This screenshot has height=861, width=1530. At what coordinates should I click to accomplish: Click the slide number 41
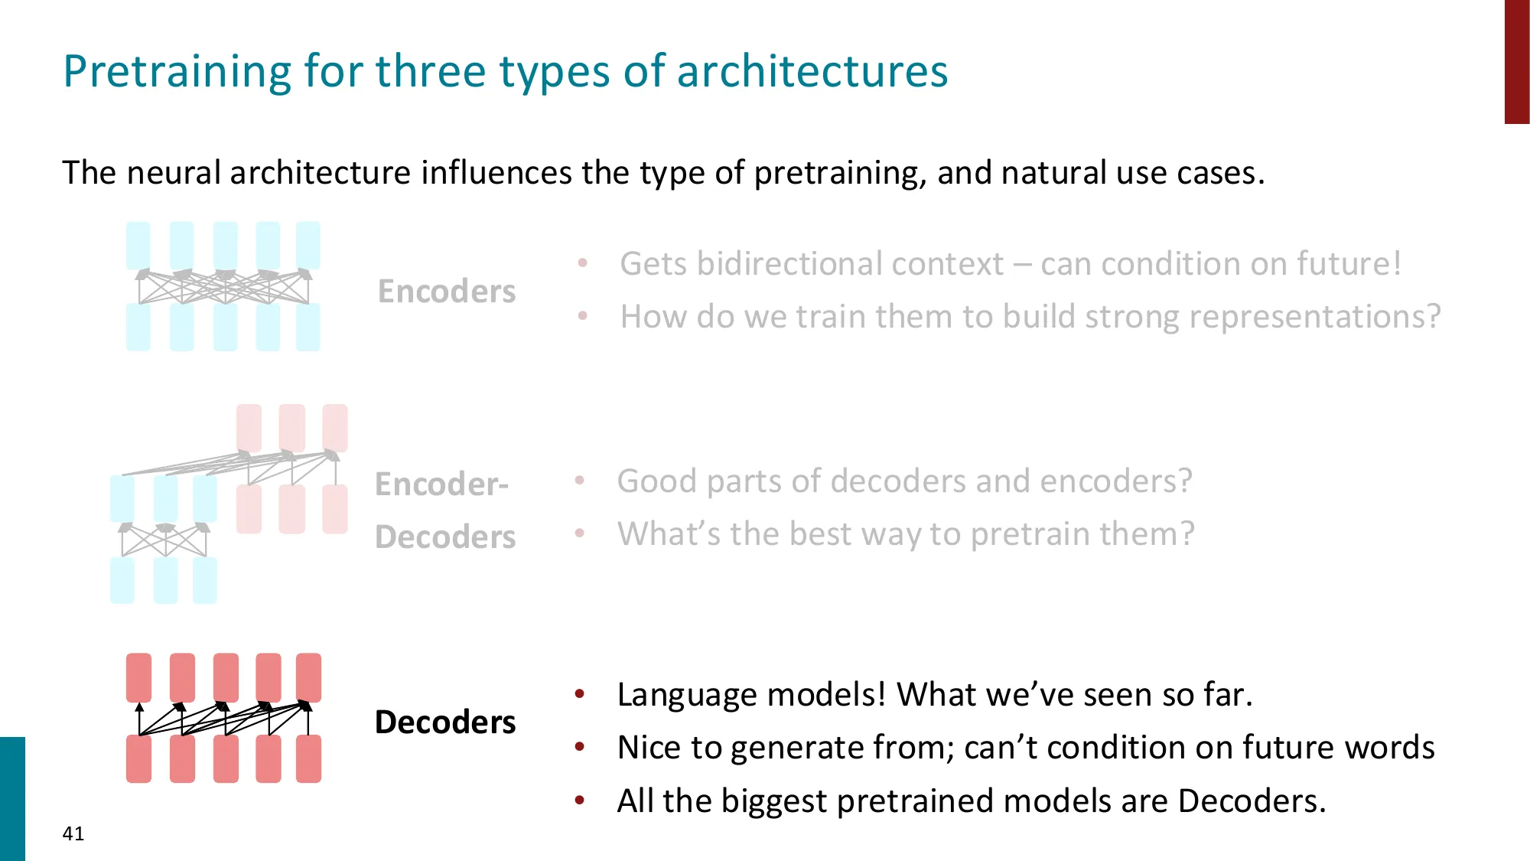tap(73, 833)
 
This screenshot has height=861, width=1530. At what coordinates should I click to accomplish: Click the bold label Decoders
tap(445, 722)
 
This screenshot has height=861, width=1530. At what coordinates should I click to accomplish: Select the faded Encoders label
tap(447, 292)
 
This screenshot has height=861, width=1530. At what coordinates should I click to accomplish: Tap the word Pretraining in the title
tap(177, 72)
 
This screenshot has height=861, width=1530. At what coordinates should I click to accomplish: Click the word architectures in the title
tap(812, 71)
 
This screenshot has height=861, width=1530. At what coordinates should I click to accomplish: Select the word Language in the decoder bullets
tap(687, 696)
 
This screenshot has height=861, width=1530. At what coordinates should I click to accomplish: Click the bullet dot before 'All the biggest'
tap(580, 801)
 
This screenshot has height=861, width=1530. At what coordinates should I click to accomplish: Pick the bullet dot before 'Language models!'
tap(580, 694)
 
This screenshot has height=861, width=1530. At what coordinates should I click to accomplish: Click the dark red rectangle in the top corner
tap(1517, 62)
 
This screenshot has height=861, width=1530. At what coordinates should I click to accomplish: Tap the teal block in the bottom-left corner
tap(12, 799)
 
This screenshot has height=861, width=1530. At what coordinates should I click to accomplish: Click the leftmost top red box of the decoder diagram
tap(138, 677)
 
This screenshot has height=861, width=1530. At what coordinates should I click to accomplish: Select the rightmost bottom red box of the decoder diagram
tap(308, 758)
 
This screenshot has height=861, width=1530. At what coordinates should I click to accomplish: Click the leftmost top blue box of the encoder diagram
tap(138, 246)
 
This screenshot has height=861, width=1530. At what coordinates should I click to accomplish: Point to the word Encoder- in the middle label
tap(441, 484)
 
